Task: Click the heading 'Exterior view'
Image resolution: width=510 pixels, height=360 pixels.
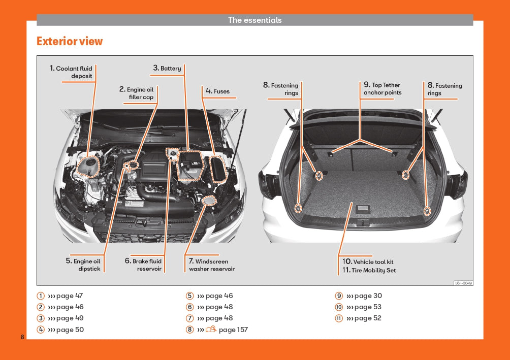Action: pyautogui.click(x=70, y=42)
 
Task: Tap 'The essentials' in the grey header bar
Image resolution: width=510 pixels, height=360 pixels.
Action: pyautogui.click(x=254, y=20)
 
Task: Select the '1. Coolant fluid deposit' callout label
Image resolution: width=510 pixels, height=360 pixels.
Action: pyautogui.click(x=72, y=72)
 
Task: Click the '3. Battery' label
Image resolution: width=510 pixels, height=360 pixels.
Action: pyautogui.click(x=167, y=68)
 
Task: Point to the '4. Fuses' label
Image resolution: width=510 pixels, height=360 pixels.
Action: pyautogui.click(x=217, y=91)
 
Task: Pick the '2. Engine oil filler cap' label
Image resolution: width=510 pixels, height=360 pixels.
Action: pyautogui.click(x=137, y=93)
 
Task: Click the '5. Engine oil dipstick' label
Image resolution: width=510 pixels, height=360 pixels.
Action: pyautogui.click(x=83, y=265)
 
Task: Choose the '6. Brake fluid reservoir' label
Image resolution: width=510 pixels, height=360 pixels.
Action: pyautogui.click(x=144, y=265)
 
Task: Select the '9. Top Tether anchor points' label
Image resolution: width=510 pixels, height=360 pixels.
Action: pyautogui.click(x=382, y=89)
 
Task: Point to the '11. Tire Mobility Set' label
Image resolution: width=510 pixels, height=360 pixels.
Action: pyautogui.click(x=369, y=270)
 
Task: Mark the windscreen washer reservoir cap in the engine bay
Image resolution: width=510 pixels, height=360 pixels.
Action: pyautogui.click(x=208, y=201)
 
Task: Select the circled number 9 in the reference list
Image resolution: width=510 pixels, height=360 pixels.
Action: pyautogui.click(x=339, y=296)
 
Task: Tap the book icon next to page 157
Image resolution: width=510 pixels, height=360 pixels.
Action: pyautogui.click(x=211, y=330)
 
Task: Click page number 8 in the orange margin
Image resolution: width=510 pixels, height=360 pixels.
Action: pyautogui.click(x=22, y=338)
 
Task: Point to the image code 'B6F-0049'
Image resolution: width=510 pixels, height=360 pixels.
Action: pyautogui.click(x=463, y=283)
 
